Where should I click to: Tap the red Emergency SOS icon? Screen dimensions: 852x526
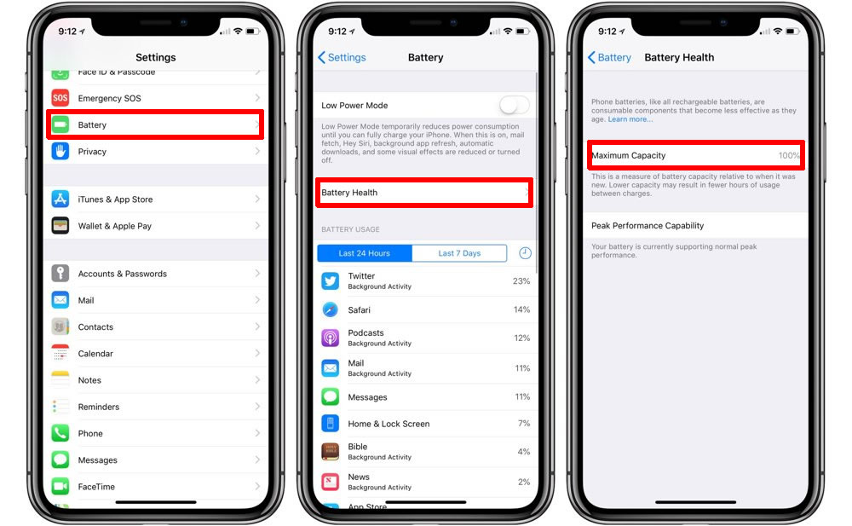[x=60, y=98]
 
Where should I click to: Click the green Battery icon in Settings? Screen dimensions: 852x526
[x=60, y=124]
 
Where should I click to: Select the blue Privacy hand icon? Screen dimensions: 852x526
[x=60, y=151]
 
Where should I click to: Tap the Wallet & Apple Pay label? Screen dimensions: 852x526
[x=115, y=226]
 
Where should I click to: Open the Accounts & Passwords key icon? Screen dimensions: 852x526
[x=60, y=273]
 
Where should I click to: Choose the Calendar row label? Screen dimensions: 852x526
[x=95, y=354]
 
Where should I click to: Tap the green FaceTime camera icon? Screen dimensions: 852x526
[x=60, y=486]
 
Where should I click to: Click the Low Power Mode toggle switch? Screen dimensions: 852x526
[x=514, y=105]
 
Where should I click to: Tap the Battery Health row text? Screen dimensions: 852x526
[x=349, y=193]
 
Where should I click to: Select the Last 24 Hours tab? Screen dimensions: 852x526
[x=365, y=253]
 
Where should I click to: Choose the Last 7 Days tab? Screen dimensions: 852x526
[x=460, y=253]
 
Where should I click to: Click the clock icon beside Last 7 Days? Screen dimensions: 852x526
[x=525, y=253]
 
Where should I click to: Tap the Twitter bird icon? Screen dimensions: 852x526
[x=331, y=280]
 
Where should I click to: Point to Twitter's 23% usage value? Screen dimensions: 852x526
[x=521, y=281]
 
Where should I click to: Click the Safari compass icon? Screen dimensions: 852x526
[x=331, y=309]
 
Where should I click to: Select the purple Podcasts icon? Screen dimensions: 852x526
[x=331, y=338]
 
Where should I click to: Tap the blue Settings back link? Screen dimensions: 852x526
[x=342, y=57]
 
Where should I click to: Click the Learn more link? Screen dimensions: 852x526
[x=630, y=119]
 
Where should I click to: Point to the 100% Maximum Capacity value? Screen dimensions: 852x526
[x=789, y=155]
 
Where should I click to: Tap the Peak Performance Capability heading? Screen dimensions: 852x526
[x=648, y=226]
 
